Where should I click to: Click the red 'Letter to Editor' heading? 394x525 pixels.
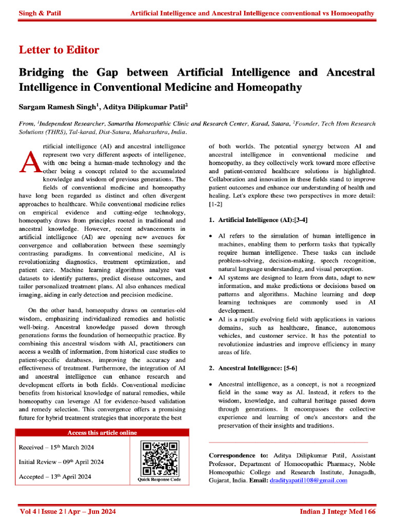[x=59, y=50]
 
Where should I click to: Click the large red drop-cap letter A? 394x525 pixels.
[x=29, y=159]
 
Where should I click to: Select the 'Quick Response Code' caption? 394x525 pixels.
[x=159, y=480]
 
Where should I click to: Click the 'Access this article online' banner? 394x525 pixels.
[x=102, y=433]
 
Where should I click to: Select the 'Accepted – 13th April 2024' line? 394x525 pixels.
[x=55, y=477]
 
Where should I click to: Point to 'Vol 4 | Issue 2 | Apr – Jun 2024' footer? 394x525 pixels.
[x=68, y=512]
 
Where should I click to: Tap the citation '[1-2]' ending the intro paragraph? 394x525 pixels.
[x=215, y=204]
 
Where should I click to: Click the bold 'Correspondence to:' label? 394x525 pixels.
[x=239, y=455]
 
